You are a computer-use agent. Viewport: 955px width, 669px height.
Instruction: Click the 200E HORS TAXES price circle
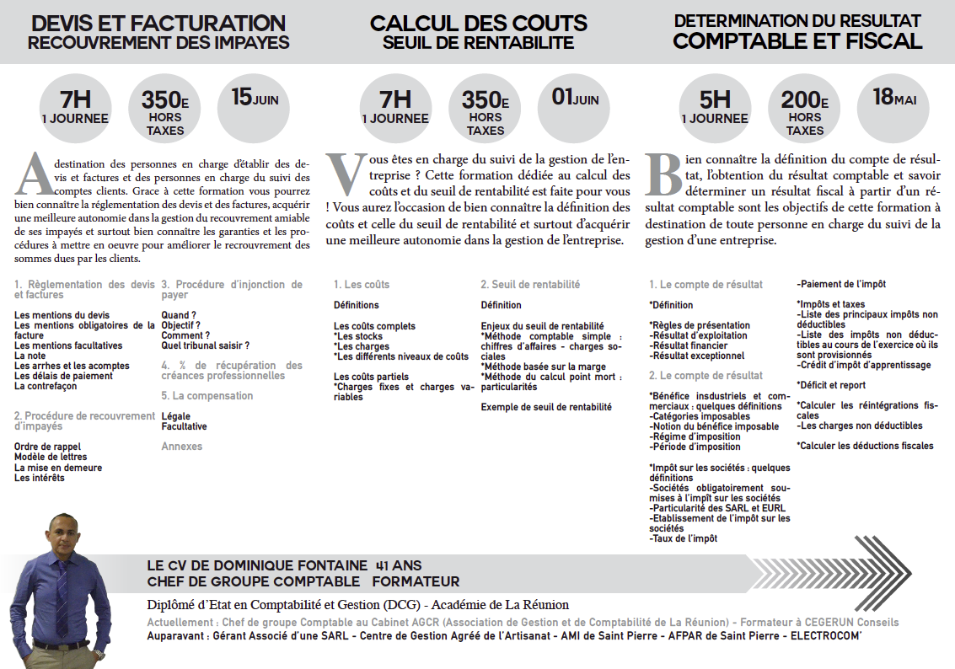coord(805,110)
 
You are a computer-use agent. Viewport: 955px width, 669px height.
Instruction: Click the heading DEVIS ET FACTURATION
coord(158,24)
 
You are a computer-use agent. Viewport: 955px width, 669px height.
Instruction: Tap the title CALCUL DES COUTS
coord(478,24)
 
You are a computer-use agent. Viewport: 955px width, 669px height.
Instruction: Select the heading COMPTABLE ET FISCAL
coord(797,40)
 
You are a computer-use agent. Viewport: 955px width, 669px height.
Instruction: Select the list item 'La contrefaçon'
coord(47,387)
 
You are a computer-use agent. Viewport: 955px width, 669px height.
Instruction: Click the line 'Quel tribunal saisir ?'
coord(206,345)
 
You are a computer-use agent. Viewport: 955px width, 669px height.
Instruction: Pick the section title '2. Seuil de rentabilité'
coord(530,285)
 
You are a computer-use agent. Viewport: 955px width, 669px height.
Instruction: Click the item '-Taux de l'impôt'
coord(684,538)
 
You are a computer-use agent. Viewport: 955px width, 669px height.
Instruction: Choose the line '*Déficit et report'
coord(831,385)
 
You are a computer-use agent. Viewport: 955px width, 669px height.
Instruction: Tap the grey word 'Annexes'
coord(182,447)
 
